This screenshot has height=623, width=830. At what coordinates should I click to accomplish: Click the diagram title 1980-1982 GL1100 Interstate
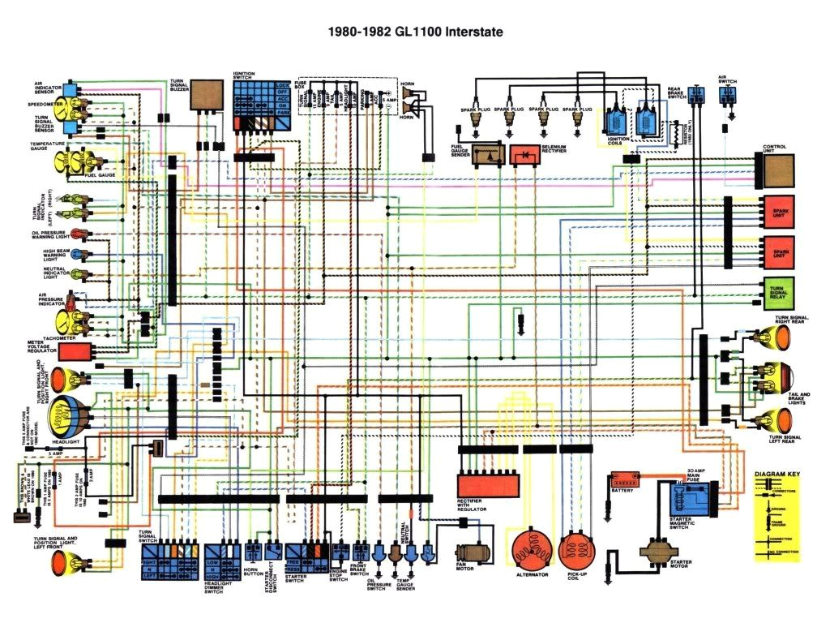[414, 32]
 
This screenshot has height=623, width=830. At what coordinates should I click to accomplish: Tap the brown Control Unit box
[779, 169]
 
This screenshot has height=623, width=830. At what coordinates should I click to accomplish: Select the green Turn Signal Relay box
[779, 293]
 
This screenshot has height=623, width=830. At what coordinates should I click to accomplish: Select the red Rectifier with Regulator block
[488, 484]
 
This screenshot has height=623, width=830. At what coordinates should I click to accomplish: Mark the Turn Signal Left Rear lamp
[777, 419]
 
